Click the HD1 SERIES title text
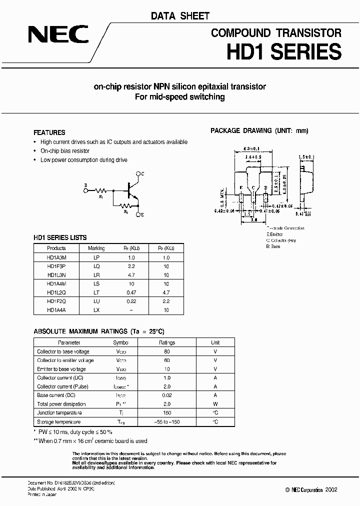(284, 52)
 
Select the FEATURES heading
(49, 133)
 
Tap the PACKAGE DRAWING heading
(259, 130)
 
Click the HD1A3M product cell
(56, 257)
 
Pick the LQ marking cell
(96, 266)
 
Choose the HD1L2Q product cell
(56, 292)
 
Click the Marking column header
(96, 248)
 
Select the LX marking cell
(96, 310)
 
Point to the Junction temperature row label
(60, 412)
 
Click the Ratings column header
(167, 342)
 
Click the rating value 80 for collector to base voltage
(167, 351)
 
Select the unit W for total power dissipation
(215, 404)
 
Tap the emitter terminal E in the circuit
(142, 214)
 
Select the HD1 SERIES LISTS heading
(60, 237)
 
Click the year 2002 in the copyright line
(330, 489)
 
